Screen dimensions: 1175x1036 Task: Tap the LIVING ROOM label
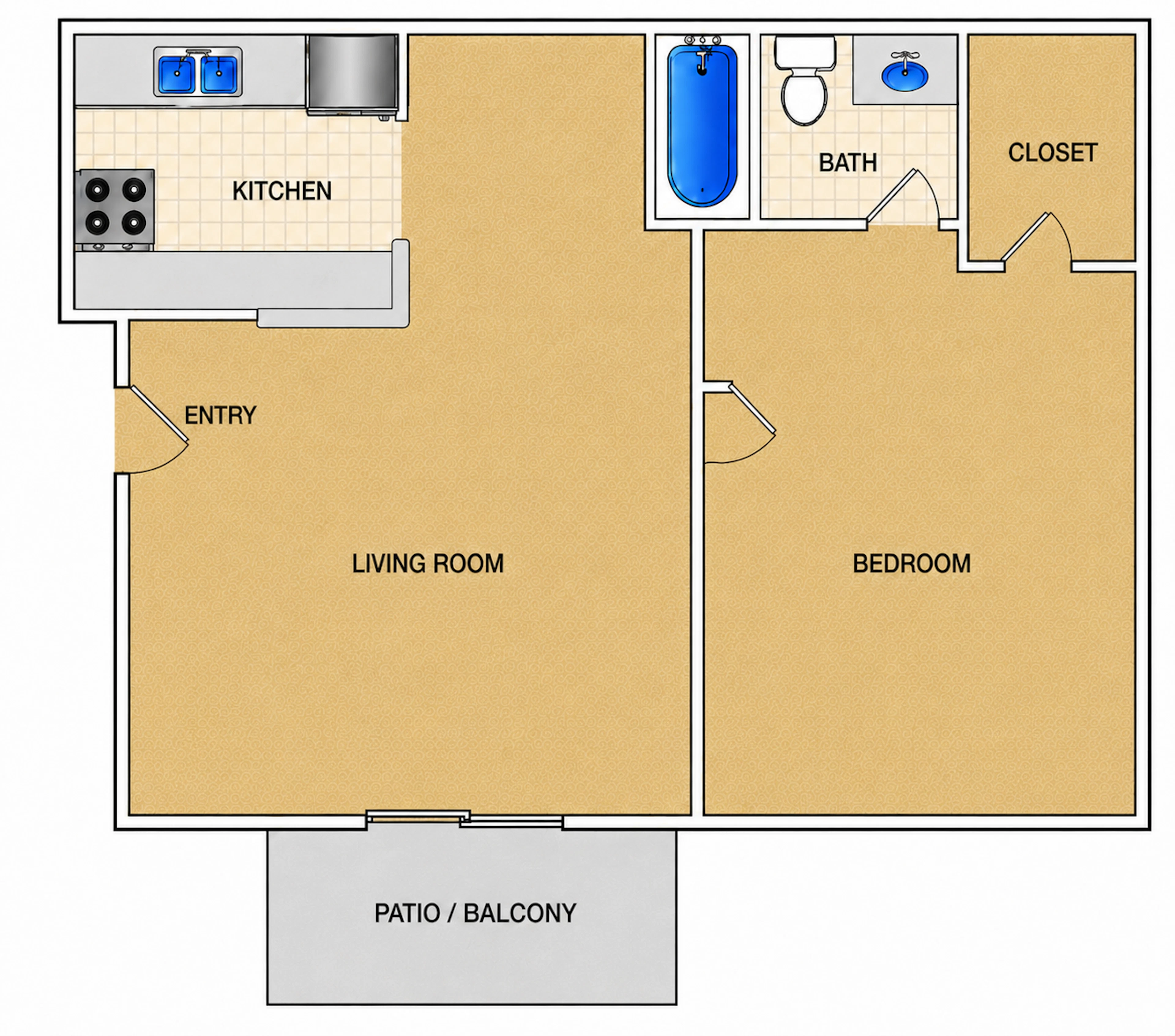(428, 564)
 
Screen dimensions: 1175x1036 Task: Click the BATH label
(848, 163)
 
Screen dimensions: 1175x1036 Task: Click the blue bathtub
(702, 125)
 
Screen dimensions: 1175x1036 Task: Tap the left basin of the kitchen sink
(177, 74)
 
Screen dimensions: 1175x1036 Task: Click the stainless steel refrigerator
(352, 74)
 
